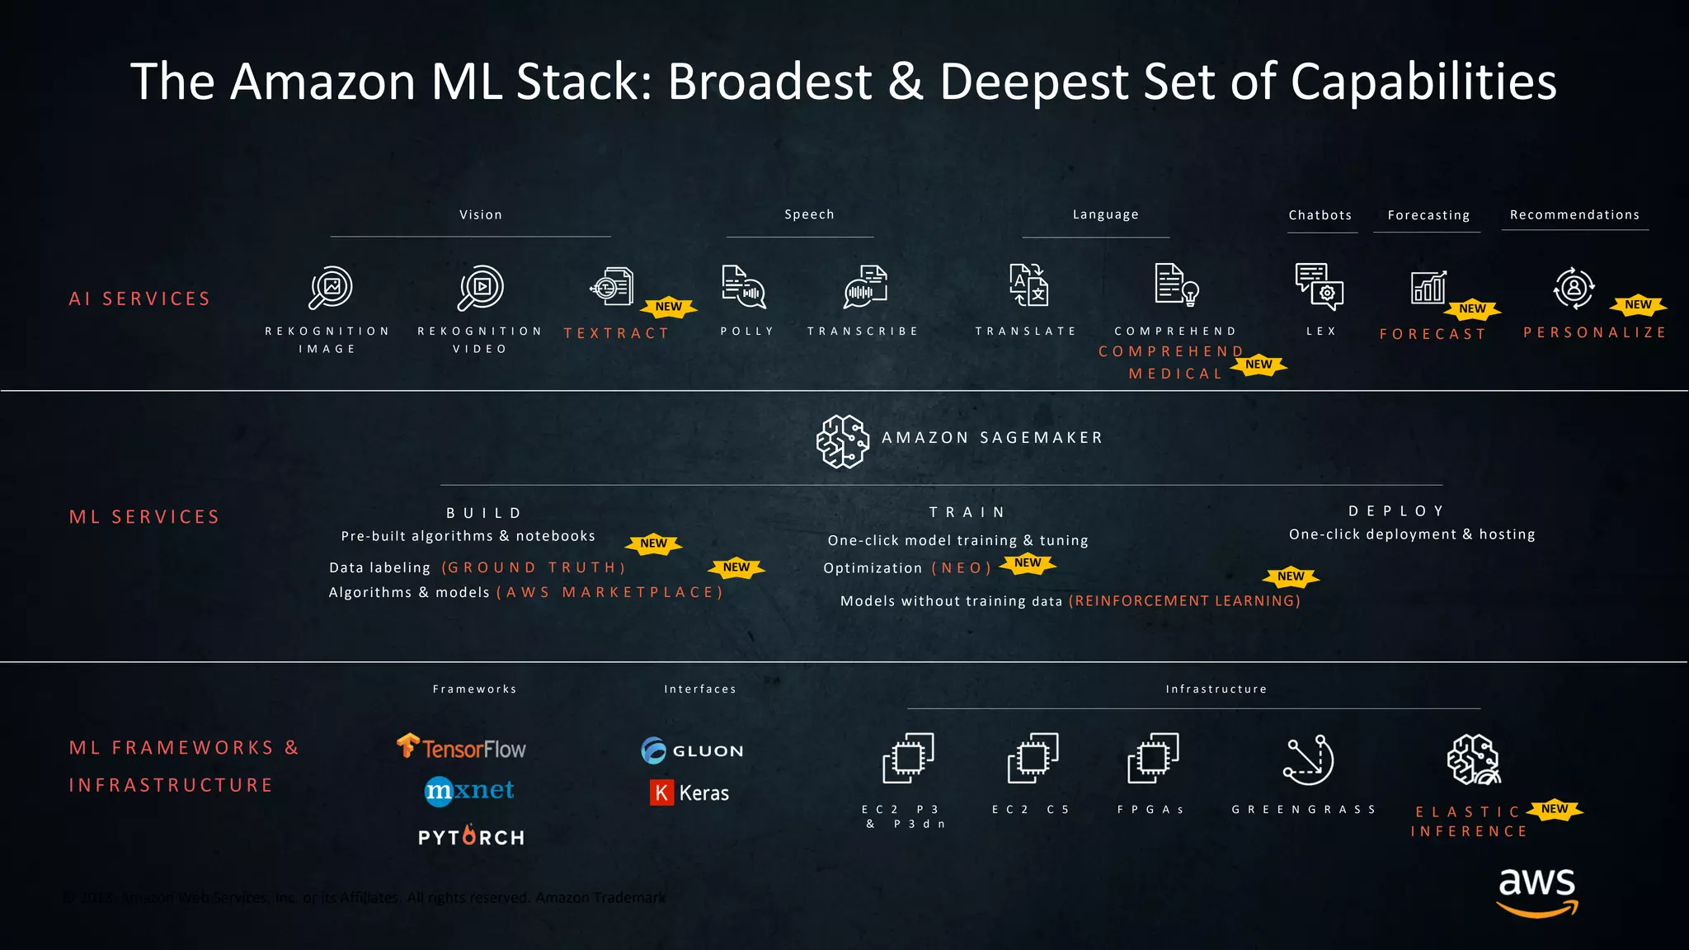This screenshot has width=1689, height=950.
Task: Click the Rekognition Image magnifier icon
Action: click(331, 288)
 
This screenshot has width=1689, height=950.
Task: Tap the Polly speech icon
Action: click(743, 287)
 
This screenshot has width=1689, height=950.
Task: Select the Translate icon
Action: click(1028, 285)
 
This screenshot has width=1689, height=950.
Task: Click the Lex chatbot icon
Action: click(1320, 286)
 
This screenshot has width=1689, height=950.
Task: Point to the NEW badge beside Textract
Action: click(669, 307)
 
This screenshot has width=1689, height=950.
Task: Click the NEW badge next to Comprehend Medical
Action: click(1259, 364)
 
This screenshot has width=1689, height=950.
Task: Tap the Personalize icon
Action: click(1574, 288)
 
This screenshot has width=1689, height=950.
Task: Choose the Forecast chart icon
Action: click(1428, 288)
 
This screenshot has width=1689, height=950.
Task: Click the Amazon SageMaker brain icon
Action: click(842, 441)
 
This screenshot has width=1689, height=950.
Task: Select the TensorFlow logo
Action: click(461, 747)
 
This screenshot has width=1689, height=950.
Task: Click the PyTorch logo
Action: click(471, 836)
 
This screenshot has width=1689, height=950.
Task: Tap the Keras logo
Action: click(689, 792)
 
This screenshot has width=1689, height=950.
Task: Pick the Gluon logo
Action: click(692, 750)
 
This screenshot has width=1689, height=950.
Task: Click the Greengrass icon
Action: click(1308, 760)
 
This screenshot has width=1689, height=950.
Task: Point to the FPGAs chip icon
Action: click(1153, 758)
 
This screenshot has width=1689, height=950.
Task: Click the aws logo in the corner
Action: click(1537, 891)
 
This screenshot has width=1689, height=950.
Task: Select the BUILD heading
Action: click(485, 513)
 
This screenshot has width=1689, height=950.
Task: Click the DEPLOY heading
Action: click(1397, 511)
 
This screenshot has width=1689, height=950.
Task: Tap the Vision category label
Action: click(481, 214)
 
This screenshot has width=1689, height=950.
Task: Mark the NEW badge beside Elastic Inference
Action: click(1555, 809)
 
